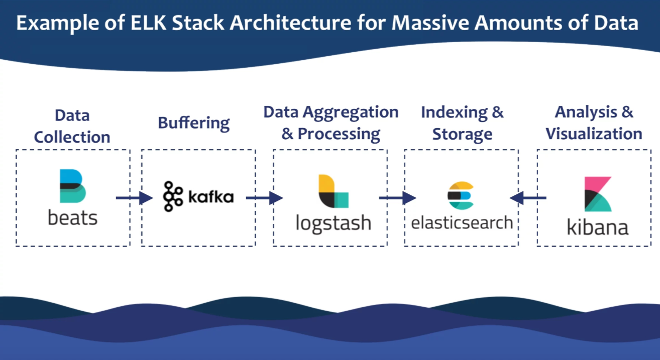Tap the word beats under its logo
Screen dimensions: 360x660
[73, 218]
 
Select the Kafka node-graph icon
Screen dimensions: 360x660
[173, 196]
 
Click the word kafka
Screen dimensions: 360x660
[211, 197]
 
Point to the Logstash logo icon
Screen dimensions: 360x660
[334, 191]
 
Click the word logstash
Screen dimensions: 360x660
[334, 222]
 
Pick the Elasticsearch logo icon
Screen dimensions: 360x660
[461, 196]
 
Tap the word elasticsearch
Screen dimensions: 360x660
[462, 222]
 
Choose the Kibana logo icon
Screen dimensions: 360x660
[598, 194]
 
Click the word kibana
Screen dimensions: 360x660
[598, 227]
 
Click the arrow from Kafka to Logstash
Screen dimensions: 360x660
[264, 198]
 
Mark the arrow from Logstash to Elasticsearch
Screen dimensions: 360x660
[397, 198]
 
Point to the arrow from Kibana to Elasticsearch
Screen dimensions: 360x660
[528, 198]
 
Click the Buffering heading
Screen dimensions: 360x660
[194, 123]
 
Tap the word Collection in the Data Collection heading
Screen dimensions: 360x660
[72, 137]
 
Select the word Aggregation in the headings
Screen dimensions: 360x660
[351, 112]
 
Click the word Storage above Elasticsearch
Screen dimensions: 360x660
[462, 134]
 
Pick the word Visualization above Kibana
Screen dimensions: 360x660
[594, 134]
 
